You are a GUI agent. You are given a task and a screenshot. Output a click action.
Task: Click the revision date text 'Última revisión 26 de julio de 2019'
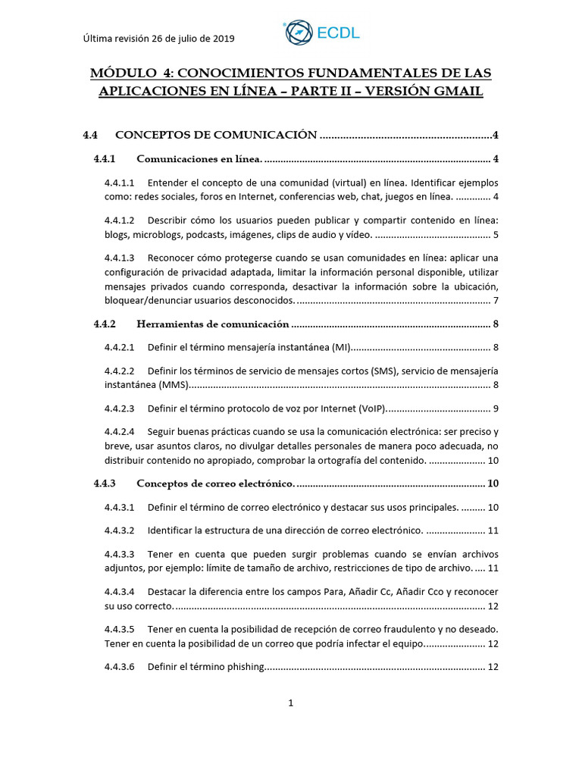coord(158,39)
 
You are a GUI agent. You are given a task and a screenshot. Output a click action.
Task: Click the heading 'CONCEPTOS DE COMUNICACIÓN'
coord(215,135)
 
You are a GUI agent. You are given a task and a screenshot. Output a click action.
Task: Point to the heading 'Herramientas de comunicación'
coord(212,324)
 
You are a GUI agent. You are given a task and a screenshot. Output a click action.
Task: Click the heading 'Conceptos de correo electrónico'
coord(215,483)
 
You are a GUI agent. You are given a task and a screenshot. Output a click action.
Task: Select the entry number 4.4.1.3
coord(119,258)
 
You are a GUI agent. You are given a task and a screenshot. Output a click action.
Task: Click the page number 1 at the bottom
coord(290,703)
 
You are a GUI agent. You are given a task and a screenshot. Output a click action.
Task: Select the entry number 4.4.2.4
coord(119,431)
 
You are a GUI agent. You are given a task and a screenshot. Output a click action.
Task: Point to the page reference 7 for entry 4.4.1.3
coord(495,301)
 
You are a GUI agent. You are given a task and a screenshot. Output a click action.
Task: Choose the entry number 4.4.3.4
coord(119,591)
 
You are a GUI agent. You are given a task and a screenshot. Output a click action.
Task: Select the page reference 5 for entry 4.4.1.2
coord(495,234)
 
